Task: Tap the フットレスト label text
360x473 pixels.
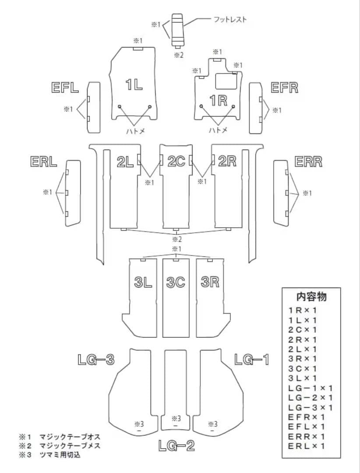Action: coord(230,19)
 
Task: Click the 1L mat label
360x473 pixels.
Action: coord(134,85)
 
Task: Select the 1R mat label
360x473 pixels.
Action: coord(218,101)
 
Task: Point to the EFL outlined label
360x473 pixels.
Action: coord(65,88)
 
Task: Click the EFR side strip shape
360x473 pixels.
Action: coord(255,108)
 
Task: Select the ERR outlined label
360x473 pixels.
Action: coord(308,162)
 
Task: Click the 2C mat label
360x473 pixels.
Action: coord(176,161)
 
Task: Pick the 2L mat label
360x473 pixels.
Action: coord(125,162)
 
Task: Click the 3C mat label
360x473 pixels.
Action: coord(176,282)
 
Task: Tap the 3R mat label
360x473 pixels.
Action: coord(210,282)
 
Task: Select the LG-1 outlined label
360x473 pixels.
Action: coord(251,360)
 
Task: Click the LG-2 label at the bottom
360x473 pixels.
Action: coord(176,446)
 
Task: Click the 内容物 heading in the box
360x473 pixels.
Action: coord(311,296)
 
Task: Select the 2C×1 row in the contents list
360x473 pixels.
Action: coord(303,329)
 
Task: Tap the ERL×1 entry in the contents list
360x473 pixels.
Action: coord(307,446)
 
